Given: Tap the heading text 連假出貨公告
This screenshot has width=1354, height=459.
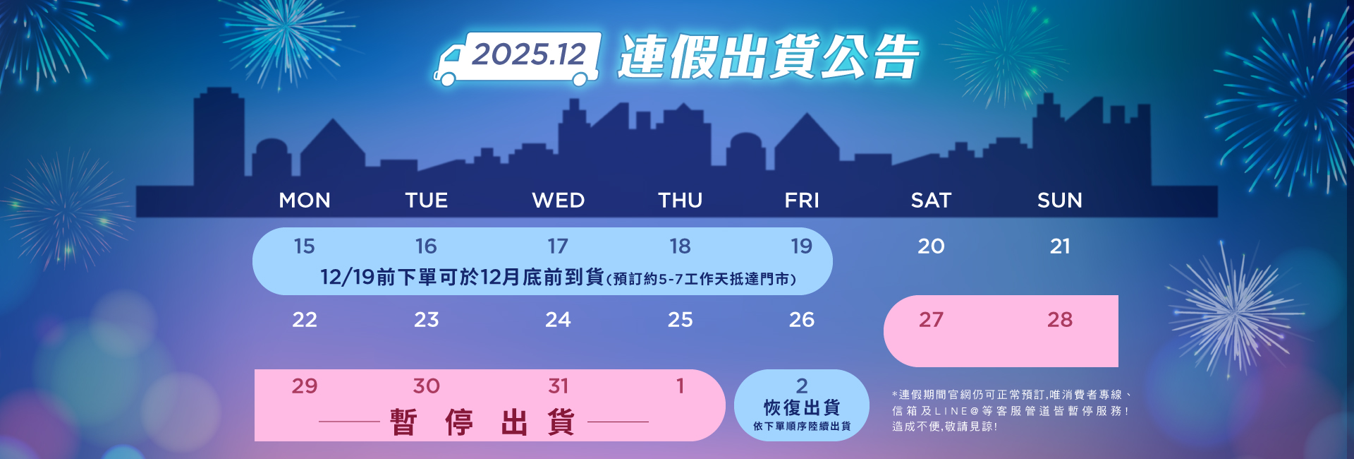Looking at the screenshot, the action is click(x=769, y=56).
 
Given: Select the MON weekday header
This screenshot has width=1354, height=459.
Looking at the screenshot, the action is click(x=305, y=201).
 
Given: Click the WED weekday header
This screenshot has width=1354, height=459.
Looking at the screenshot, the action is click(x=559, y=201).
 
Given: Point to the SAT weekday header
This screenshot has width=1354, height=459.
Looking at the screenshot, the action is click(x=931, y=201).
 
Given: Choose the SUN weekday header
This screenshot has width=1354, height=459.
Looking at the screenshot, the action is click(x=1059, y=201).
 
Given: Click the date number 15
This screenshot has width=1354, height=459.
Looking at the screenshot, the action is click(x=304, y=246).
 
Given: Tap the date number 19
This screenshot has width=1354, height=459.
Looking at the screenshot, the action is click(x=801, y=246).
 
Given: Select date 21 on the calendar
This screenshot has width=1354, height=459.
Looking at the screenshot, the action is click(x=1060, y=246).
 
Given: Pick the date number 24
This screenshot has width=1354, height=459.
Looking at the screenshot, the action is click(x=558, y=320).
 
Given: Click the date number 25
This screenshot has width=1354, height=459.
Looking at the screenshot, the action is click(x=681, y=320).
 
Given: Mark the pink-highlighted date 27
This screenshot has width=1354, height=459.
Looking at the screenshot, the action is click(x=931, y=320).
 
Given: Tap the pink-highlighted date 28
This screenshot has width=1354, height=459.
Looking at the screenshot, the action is click(x=1060, y=320).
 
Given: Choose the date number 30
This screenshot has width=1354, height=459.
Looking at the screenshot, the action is click(x=427, y=386).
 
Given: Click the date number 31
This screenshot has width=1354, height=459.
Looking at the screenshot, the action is click(x=559, y=386).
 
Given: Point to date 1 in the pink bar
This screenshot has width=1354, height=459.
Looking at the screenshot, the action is click(x=681, y=386).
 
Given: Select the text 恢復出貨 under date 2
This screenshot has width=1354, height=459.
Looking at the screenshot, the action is click(x=802, y=408).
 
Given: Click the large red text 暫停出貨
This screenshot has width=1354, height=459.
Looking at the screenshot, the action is click(x=483, y=422).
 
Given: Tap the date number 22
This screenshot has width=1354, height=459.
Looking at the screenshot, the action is click(x=305, y=320).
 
